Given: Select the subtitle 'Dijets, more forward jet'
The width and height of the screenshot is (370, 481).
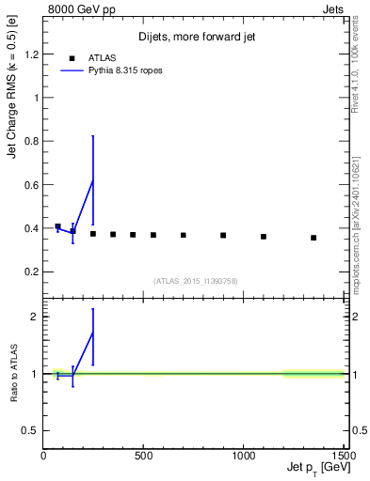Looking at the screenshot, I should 197,37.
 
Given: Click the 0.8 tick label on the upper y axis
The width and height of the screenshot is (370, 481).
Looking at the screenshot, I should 32,141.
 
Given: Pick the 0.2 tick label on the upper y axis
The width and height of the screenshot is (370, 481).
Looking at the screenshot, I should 32,272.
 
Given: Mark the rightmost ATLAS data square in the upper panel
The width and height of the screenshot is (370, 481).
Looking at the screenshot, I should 314,238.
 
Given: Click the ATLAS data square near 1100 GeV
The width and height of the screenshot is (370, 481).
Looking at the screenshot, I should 264,237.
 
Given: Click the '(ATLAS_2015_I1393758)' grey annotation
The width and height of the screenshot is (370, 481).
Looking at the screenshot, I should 197,280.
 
